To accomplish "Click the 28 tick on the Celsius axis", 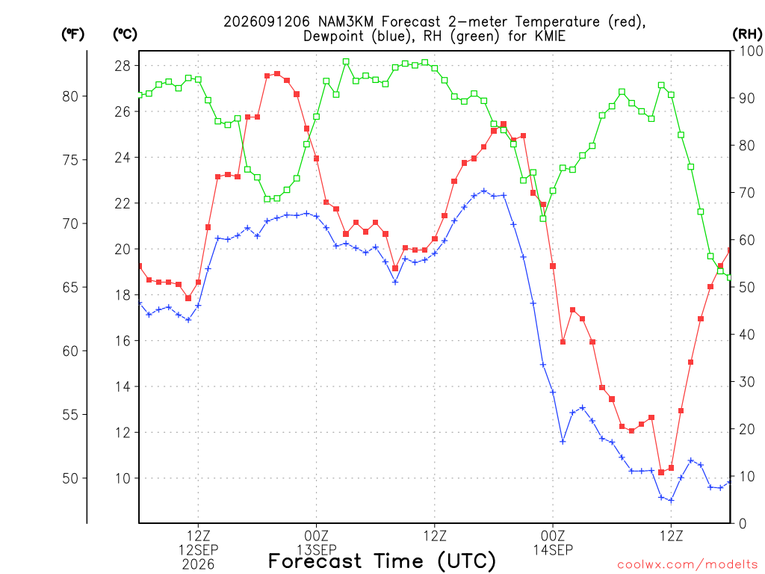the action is pos(123,66).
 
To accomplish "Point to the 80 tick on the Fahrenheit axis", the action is pos(70,96).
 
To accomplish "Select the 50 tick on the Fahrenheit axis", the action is pos(70,478).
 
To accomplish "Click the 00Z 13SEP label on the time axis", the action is pos(317,543).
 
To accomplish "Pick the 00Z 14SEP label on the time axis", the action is pos(553,543).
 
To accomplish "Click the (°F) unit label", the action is pos(72,34).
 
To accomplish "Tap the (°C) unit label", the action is pos(125,34).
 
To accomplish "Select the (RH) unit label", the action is pos(747,34).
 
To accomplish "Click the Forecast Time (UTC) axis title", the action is pos(382,561).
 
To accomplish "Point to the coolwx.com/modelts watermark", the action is pos(687,565).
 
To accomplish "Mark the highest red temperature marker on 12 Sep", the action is pos(277,74).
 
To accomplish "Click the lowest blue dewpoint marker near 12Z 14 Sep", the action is pos(672,500).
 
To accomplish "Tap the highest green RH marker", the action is pos(346,62).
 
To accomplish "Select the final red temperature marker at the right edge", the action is pos(730,250).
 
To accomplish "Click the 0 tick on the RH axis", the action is pos(743,524).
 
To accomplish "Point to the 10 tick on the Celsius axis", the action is pos(123,478).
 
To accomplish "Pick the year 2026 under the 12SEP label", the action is pos(198,565).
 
